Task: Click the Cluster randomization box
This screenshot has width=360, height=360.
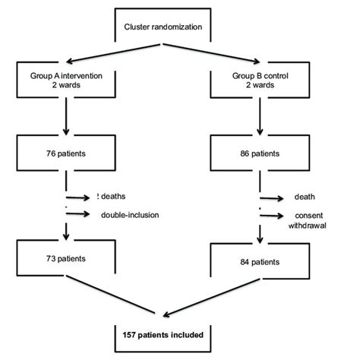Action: point(163,27)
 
